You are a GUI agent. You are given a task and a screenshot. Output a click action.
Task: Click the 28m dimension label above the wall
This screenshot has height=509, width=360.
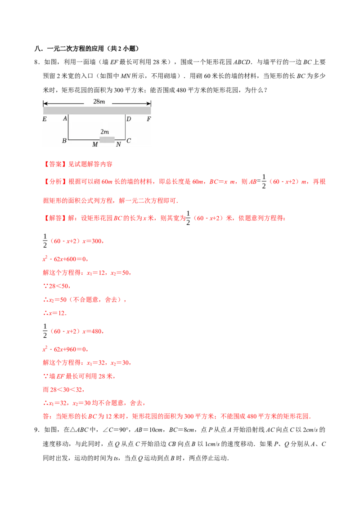pyautogui.click(x=99, y=102)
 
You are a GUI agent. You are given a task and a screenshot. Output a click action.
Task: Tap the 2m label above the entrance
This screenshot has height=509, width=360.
pyautogui.click(x=104, y=132)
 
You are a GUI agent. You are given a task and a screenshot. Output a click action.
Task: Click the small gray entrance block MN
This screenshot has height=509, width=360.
pyautogui.click(x=107, y=140)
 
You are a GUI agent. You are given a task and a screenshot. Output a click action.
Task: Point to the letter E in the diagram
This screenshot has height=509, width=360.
pyautogui.click(x=45, y=119)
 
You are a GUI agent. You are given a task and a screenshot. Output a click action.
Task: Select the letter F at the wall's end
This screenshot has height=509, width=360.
pyautogui.click(x=149, y=119)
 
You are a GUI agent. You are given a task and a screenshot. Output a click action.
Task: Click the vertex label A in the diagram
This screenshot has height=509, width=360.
pyautogui.click(x=65, y=119)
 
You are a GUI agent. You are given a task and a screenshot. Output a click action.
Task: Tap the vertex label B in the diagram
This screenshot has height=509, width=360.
pyautogui.click(x=64, y=141)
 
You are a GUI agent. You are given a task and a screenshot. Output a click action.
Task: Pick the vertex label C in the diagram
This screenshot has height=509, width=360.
pyautogui.click(x=129, y=141)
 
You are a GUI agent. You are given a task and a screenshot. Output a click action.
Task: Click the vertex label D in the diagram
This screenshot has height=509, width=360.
pyautogui.click(x=129, y=119)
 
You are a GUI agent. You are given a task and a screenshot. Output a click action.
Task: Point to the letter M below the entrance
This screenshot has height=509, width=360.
pyautogui.click(x=95, y=144)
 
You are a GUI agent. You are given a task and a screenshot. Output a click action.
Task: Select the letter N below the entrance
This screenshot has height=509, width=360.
pyautogui.click(x=118, y=144)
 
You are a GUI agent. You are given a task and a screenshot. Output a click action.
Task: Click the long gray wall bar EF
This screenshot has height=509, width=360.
pyautogui.click(x=97, y=110)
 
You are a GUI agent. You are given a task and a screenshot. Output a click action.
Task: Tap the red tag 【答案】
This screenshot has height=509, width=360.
pyautogui.click(x=55, y=164)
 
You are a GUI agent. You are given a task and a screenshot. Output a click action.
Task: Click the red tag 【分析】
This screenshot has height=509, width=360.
pyautogui.click(x=55, y=182)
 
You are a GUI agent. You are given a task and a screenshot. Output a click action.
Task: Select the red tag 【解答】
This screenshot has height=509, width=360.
pyautogui.click(x=55, y=218)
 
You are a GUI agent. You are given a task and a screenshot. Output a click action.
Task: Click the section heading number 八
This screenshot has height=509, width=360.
pyautogui.click(x=37, y=49)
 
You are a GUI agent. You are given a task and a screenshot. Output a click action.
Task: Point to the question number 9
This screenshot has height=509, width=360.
pyautogui.click(x=36, y=430)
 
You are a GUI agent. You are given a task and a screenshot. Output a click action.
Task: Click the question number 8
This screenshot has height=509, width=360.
pyautogui.click(x=36, y=62)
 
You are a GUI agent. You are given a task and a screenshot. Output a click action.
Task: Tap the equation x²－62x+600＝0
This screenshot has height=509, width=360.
pyautogui.click(x=65, y=259)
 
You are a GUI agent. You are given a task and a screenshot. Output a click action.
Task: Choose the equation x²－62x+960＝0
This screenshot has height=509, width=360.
pyautogui.click(x=65, y=349)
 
